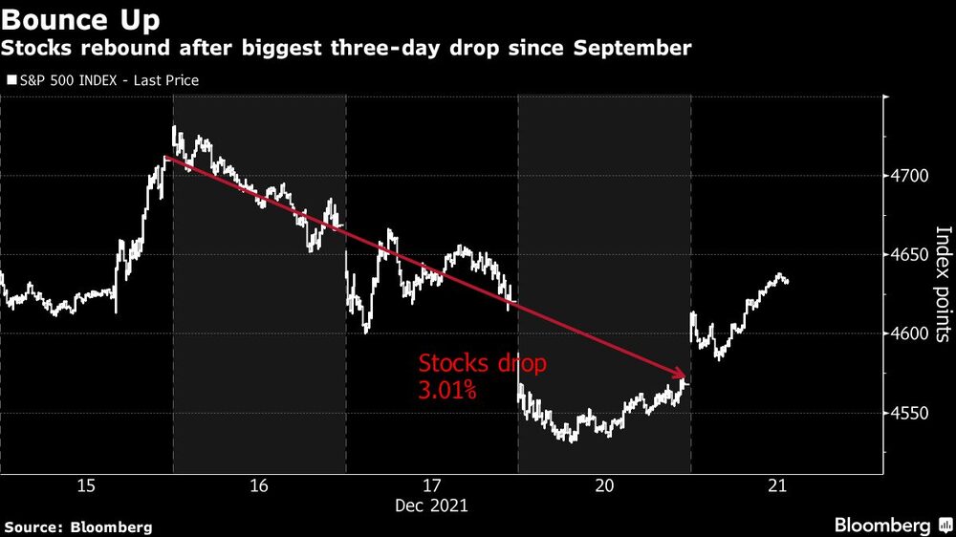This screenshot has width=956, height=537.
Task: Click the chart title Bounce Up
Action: (x=81, y=19)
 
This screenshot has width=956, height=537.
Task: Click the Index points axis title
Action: (x=943, y=284)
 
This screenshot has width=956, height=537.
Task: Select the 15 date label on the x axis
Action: (x=85, y=486)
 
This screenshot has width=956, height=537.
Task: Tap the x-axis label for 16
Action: (x=258, y=486)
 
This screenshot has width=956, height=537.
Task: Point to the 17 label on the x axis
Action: (x=430, y=486)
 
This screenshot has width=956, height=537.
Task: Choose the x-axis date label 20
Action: (x=603, y=486)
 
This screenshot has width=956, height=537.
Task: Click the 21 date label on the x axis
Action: (x=776, y=486)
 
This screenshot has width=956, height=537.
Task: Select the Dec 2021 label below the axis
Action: (x=430, y=505)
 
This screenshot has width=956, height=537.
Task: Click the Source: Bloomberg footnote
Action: (x=78, y=526)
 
